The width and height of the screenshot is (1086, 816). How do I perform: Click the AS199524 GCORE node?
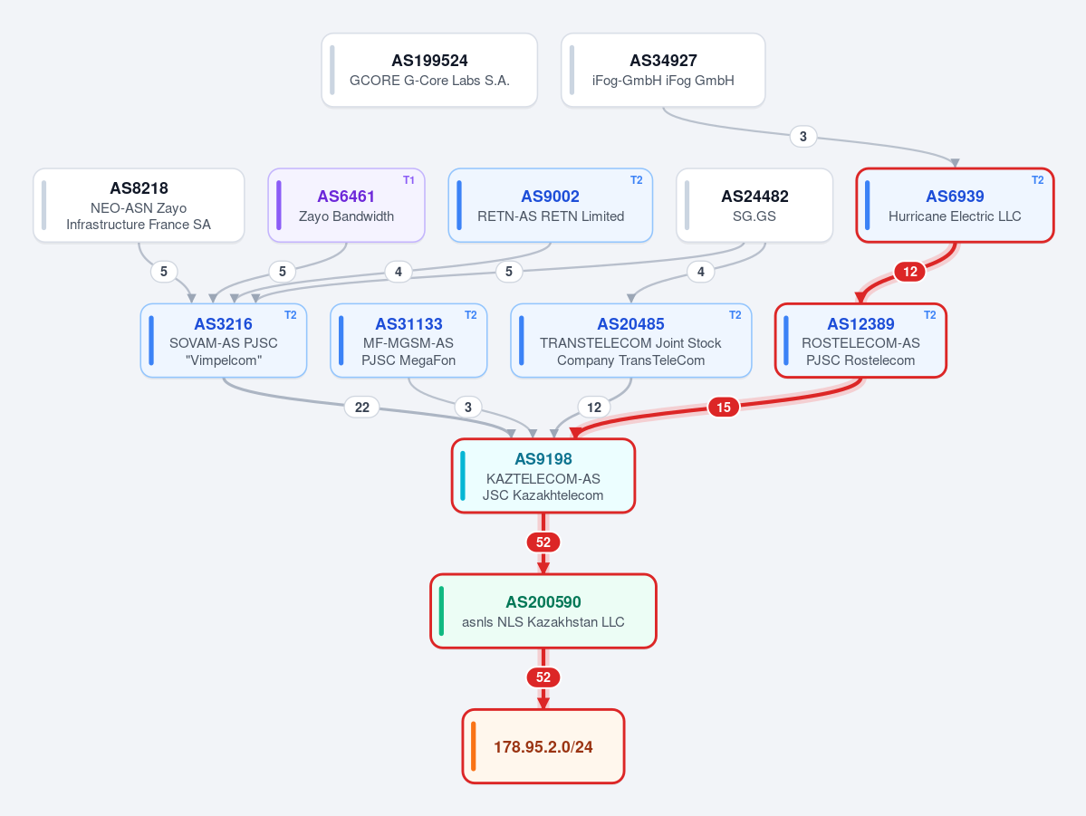click(x=429, y=70)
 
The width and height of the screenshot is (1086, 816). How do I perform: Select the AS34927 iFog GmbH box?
click(x=663, y=70)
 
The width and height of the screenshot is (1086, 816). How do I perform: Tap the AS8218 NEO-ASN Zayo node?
click(x=139, y=206)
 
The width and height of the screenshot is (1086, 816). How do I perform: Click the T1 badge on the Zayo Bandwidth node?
click(x=408, y=180)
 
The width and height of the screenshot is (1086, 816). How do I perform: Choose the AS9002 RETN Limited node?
click(x=551, y=206)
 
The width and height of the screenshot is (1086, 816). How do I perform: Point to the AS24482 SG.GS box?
click(x=754, y=206)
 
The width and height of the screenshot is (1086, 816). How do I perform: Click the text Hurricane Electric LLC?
click(x=955, y=216)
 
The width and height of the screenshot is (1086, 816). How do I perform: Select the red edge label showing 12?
click(x=910, y=272)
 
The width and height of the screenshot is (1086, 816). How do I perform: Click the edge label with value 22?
click(x=362, y=408)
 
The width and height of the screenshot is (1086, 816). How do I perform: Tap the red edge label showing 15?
click(x=723, y=408)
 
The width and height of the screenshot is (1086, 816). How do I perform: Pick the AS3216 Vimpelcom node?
click(x=224, y=341)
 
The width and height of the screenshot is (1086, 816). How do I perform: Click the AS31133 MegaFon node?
click(x=408, y=341)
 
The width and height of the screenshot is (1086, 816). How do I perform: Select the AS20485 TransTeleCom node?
click(x=631, y=341)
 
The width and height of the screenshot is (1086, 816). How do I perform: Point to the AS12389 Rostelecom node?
click(x=860, y=341)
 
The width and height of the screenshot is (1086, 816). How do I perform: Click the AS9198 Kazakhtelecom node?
click(x=543, y=475)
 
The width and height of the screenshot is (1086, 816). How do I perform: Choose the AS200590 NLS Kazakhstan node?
click(x=543, y=611)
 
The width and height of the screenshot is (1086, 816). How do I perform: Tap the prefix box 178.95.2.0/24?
click(x=543, y=746)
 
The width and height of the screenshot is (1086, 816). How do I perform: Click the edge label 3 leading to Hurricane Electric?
click(x=802, y=137)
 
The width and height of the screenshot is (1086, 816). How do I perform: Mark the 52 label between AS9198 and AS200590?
click(x=543, y=542)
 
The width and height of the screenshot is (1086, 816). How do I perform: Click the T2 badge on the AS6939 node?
click(x=1037, y=180)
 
